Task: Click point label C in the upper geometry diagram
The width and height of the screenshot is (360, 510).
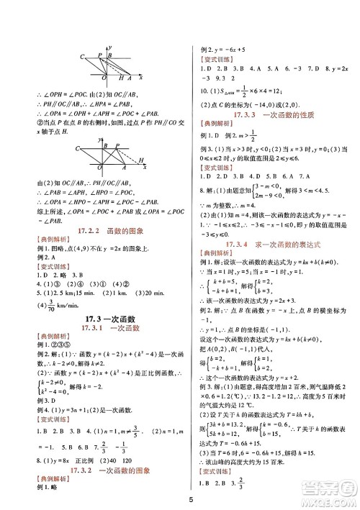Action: (83, 56)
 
